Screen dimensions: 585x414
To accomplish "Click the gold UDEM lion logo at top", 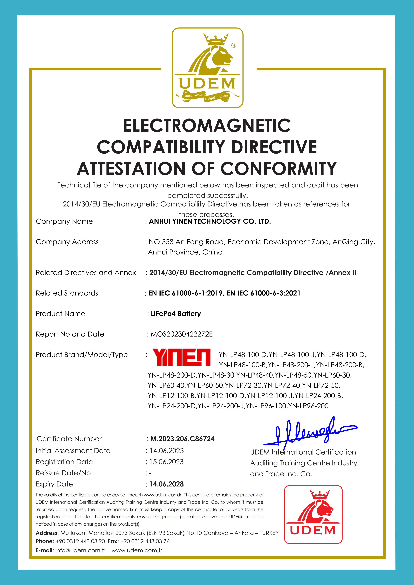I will [x=207, y=68].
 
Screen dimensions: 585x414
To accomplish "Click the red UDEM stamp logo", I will [x=313, y=514].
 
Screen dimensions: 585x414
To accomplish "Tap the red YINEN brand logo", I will [x=182, y=357].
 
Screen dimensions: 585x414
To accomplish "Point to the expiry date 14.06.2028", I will [x=166, y=484].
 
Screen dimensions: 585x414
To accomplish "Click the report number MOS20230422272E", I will [x=182, y=334].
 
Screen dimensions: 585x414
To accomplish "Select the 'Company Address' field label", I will [x=67, y=242].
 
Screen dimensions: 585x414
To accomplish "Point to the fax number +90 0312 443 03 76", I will [x=145, y=541].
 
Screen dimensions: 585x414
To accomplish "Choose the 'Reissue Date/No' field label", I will [x=63, y=473].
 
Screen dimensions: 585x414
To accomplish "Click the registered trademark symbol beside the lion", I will [x=234, y=45].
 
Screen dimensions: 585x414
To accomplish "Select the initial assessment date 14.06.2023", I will [x=166, y=450].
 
